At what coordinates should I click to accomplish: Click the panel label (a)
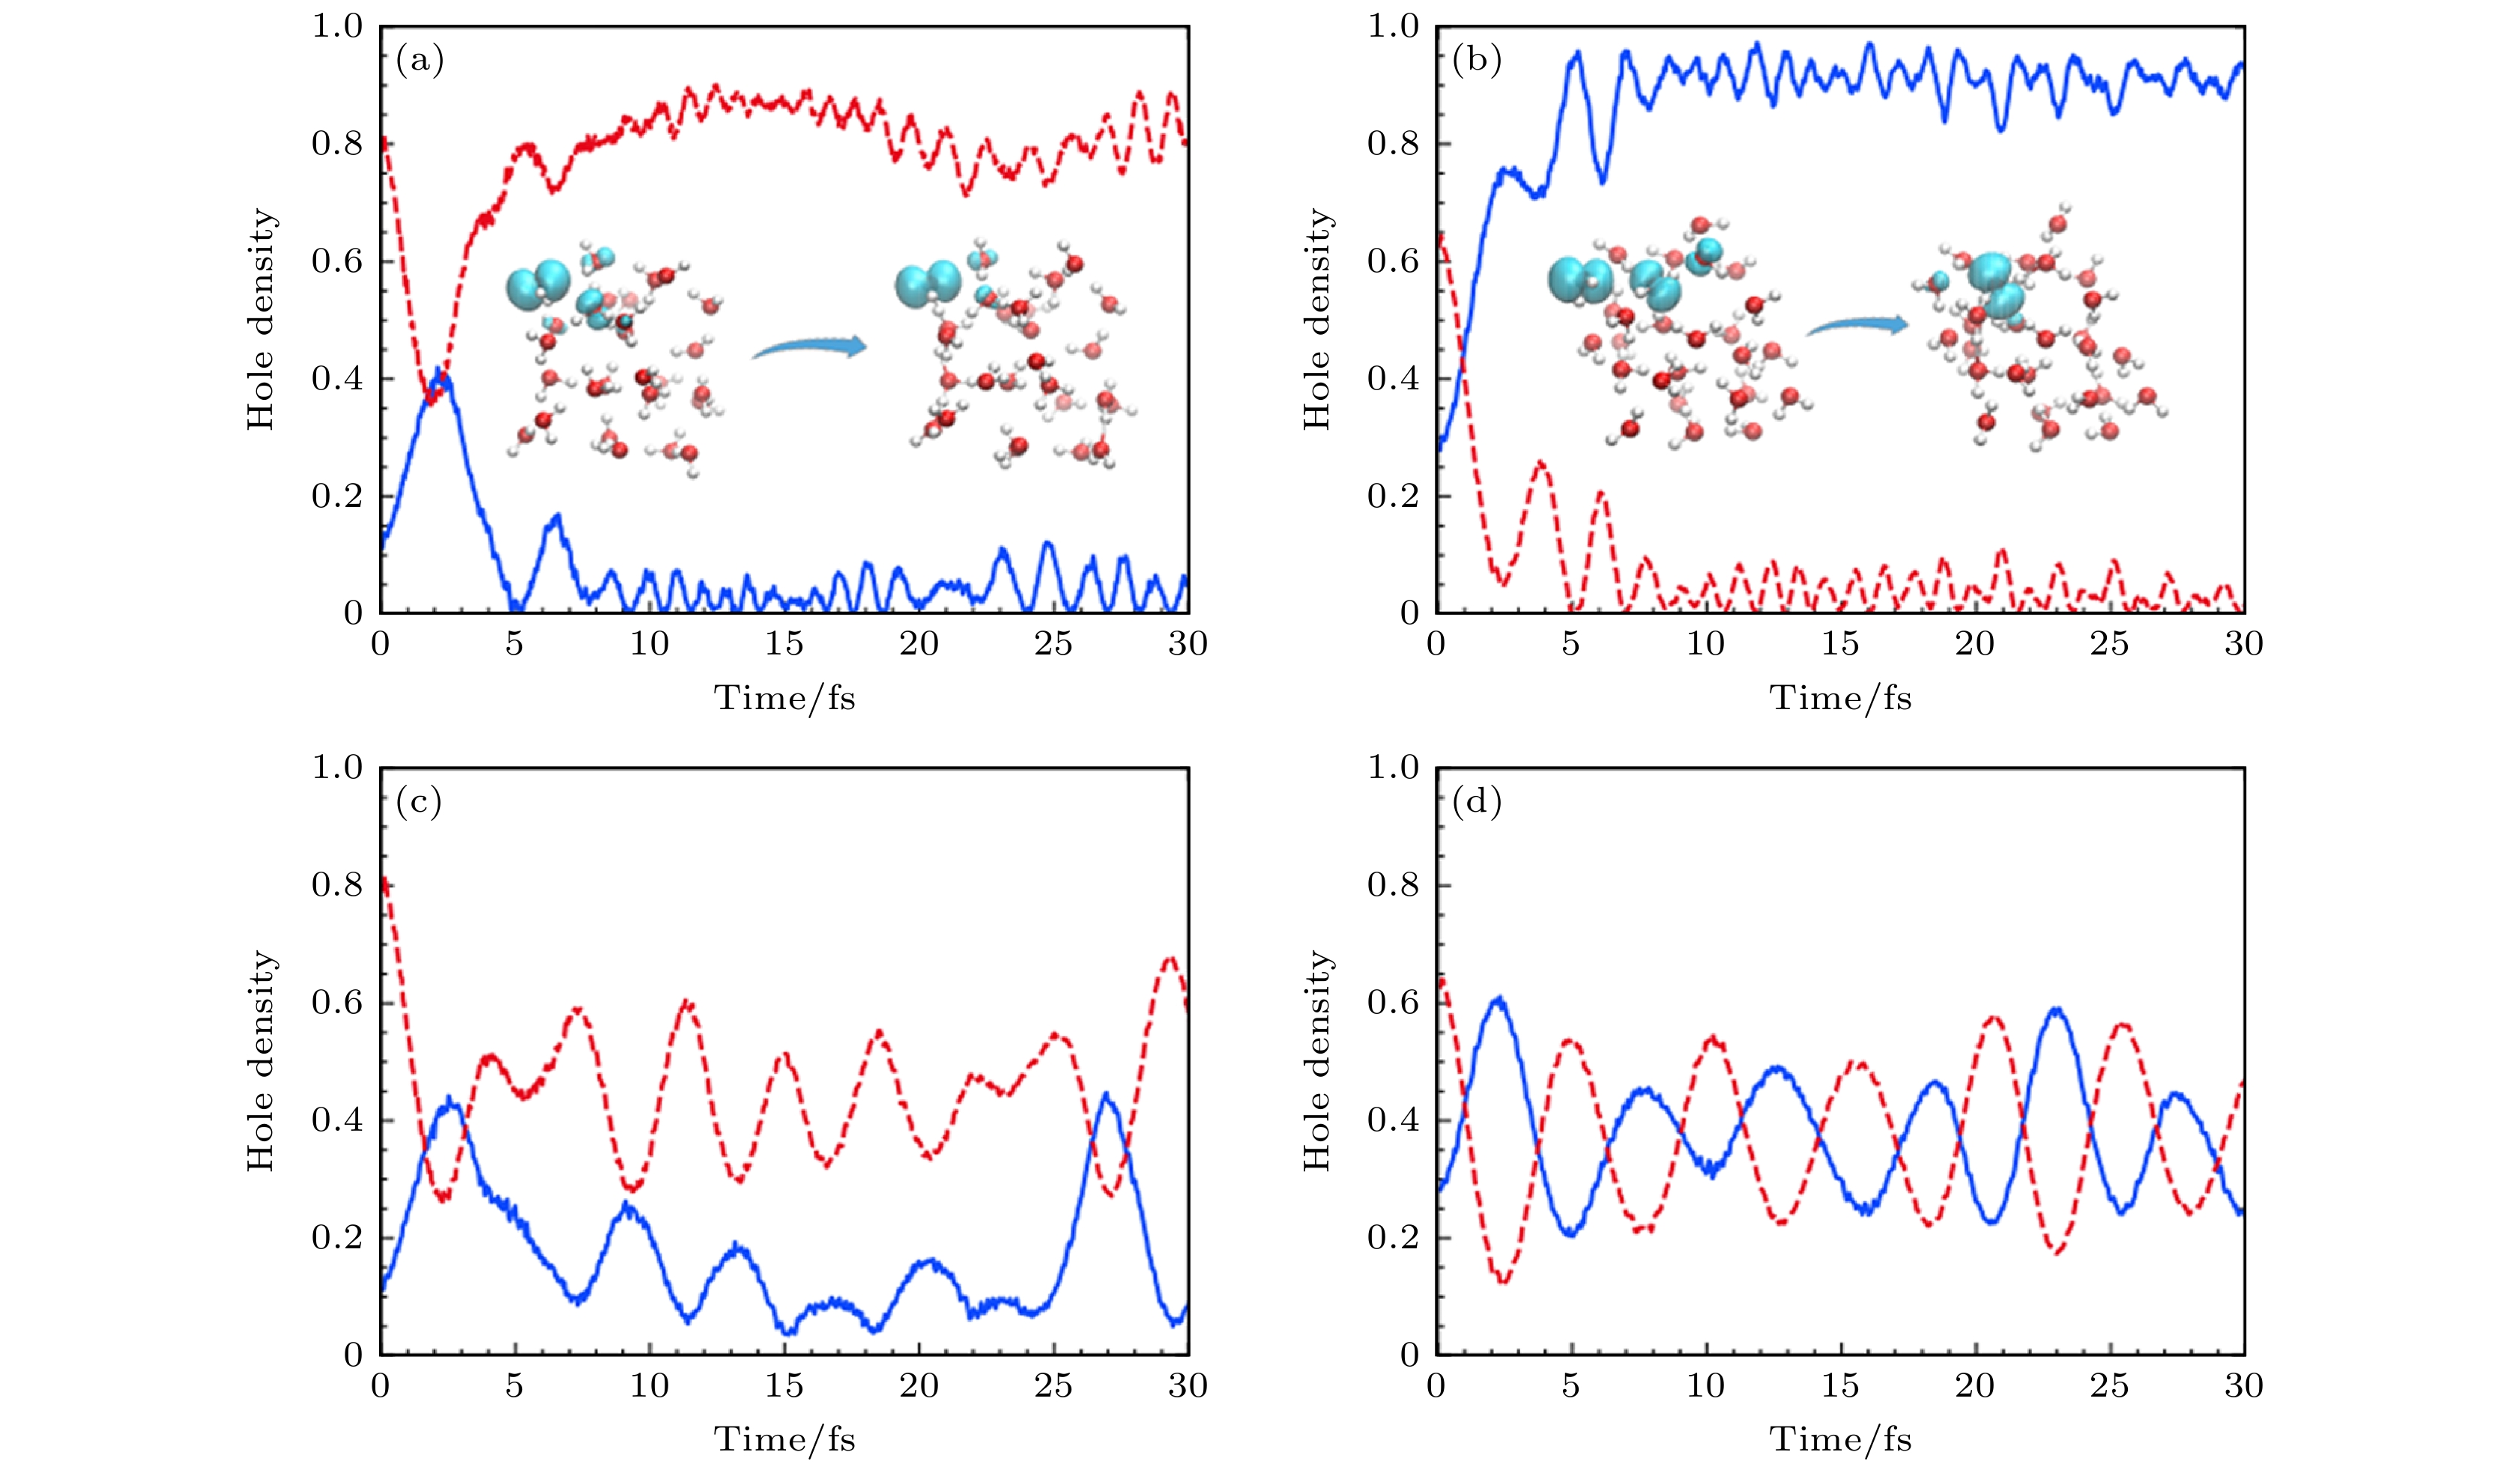click(x=420, y=61)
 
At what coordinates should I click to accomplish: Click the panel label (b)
click(x=1476, y=61)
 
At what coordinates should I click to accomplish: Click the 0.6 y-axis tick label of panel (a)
click(x=337, y=261)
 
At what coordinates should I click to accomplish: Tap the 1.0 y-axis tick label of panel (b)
click(x=1393, y=27)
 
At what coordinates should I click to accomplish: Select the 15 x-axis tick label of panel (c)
click(x=784, y=1385)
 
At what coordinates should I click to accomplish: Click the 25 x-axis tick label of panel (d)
click(x=2108, y=1385)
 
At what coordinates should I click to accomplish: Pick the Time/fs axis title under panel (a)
click(x=784, y=698)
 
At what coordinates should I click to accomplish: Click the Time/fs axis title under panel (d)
click(x=1840, y=1439)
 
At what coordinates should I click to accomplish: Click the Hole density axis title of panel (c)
click(x=261, y=1060)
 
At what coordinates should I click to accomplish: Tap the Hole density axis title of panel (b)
click(x=1317, y=319)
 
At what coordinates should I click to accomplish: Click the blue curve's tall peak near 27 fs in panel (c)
click(x=1106, y=1094)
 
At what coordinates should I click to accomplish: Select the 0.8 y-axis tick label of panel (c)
click(x=337, y=885)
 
